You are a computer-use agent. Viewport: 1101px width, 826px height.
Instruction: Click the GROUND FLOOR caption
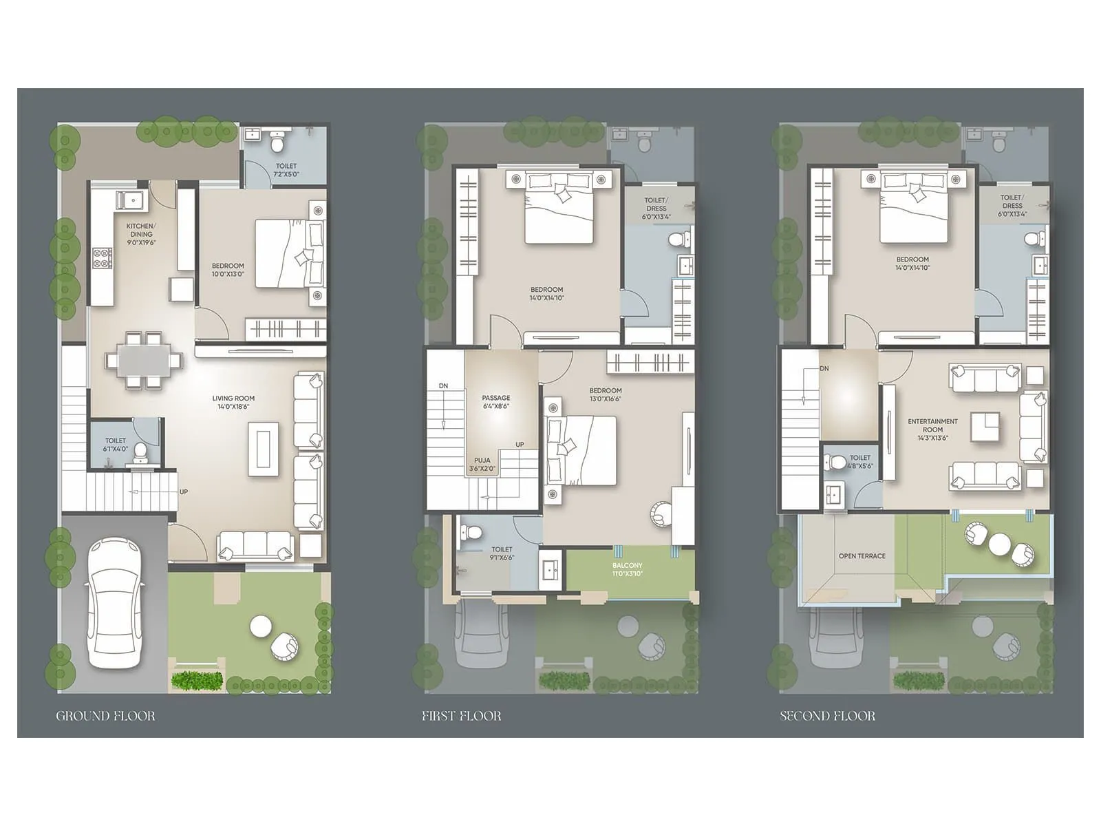pyautogui.click(x=105, y=716)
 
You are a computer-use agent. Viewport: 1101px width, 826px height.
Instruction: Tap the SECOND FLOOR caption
pyautogui.click(x=827, y=716)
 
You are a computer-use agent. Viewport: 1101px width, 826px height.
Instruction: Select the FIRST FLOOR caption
pyautogui.click(x=461, y=716)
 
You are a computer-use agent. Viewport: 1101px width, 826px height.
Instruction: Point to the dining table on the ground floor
pyautogui.click(x=144, y=360)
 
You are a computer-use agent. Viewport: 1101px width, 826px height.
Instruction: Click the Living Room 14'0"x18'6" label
pyautogui.click(x=233, y=402)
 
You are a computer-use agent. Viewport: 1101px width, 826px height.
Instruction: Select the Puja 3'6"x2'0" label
pyautogui.click(x=482, y=465)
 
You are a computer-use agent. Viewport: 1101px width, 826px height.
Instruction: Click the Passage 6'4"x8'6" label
pyautogui.click(x=496, y=402)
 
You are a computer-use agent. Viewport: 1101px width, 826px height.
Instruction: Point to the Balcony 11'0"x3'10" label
pyautogui.click(x=627, y=569)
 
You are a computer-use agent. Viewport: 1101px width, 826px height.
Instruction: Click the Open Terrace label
pyautogui.click(x=862, y=556)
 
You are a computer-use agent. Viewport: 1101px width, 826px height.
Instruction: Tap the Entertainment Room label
pyautogui.click(x=932, y=430)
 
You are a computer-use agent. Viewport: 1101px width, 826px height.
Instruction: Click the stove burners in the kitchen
pyautogui.click(x=102, y=257)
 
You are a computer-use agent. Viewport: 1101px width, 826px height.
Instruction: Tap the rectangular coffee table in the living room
pyautogui.click(x=264, y=449)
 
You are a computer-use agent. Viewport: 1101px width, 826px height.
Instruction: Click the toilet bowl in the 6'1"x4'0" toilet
pyautogui.click(x=141, y=452)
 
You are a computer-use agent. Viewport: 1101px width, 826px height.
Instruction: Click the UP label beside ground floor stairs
pyautogui.click(x=184, y=491)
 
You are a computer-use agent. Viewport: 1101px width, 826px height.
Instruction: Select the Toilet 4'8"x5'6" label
pyautogui.click(x=860, y=462)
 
